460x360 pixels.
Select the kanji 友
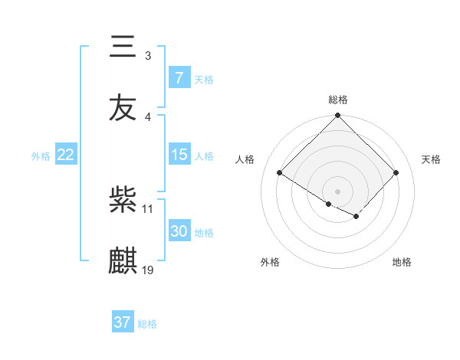pos(123,108)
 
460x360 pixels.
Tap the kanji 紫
pos(123,200)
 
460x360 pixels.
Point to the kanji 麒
pos(123,261)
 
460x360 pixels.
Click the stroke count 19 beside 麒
pos(148,270)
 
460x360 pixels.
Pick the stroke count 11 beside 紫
pos(148,208)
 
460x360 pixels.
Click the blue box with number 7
pos(179,78)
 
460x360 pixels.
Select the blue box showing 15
pos(179,155)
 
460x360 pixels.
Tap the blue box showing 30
pos(179,231)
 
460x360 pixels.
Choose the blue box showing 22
pos(65,155)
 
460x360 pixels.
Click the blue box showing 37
pos(122,322)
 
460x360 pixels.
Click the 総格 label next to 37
pos(147,324)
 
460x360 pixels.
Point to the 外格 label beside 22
pos(41,155)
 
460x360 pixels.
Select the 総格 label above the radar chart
pos(338,100)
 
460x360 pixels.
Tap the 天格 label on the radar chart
pos(431,159)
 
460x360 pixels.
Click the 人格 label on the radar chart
pos(245,159)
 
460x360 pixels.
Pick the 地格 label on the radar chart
pos(402,262)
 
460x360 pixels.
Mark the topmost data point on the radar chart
pos(338,116)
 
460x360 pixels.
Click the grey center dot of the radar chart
pos(338,191)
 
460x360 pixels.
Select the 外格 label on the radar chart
pos(270,262)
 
